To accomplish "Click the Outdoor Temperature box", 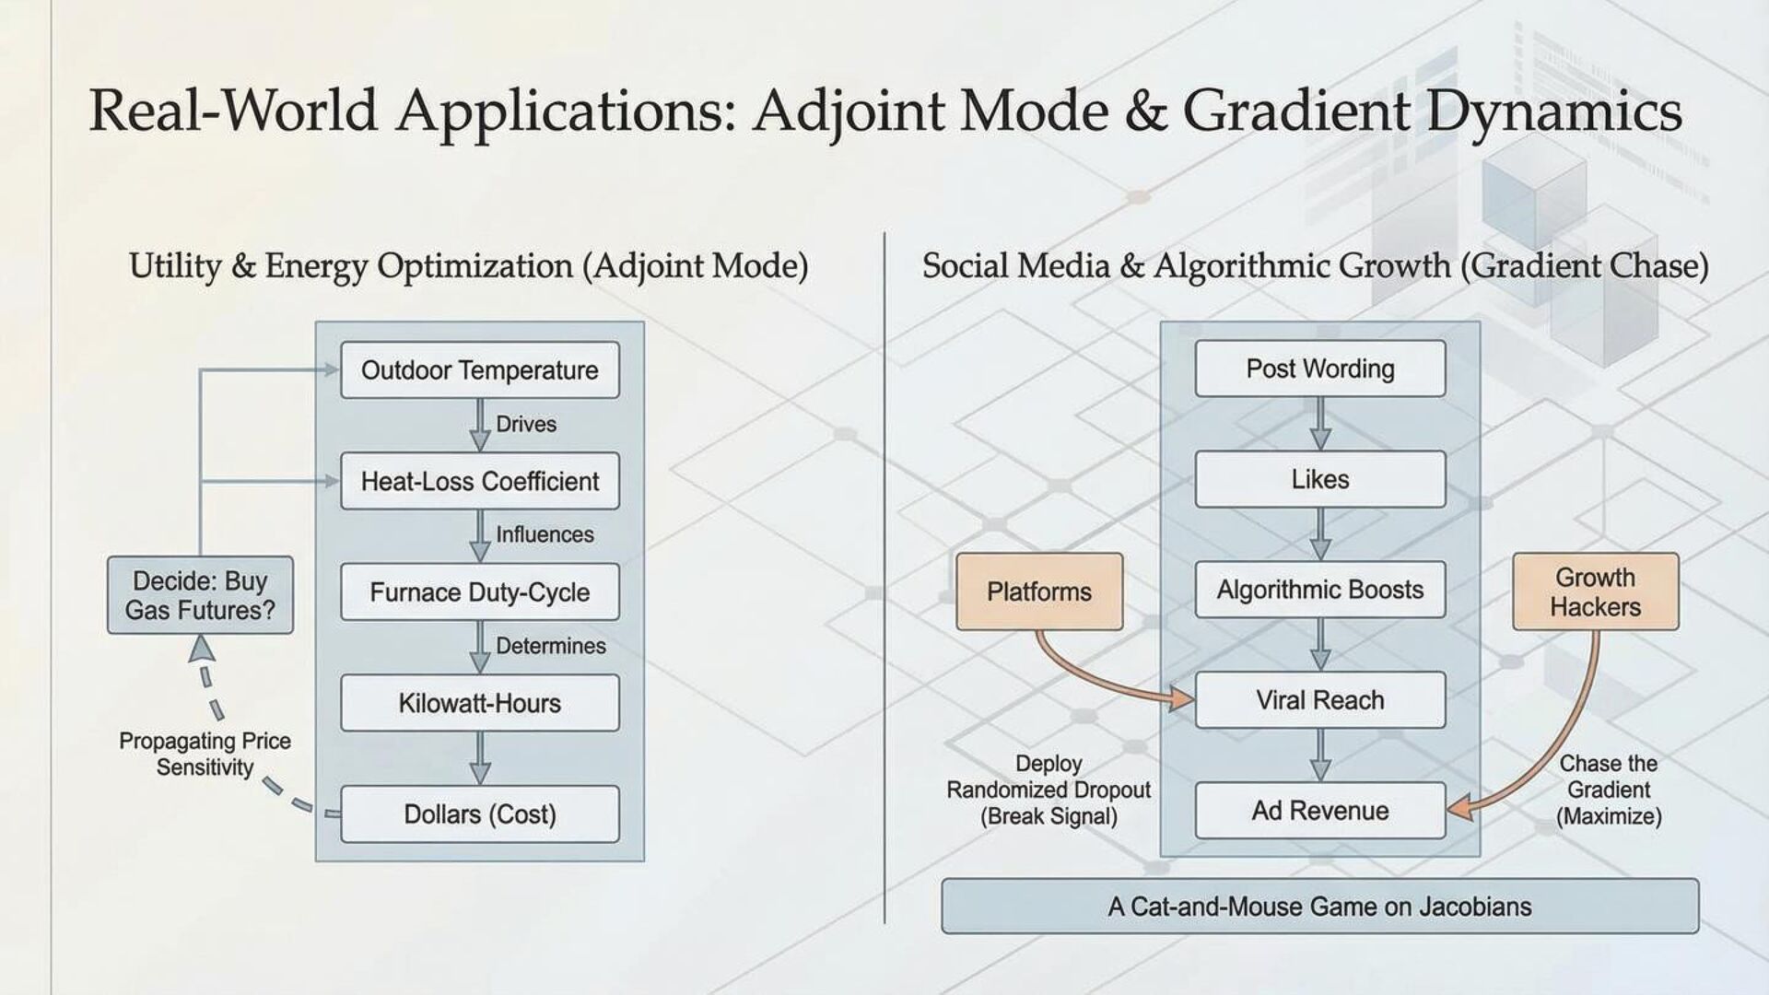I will (x=479, y=370).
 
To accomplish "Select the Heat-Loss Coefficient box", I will (x=479, y=481).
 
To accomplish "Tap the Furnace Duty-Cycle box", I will (x=479, y=592).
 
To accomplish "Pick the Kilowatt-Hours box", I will (x=479, y=703).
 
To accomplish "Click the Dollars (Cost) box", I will (x=479, y=814).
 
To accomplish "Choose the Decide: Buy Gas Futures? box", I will (x=200, y=595).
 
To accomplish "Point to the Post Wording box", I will (x=1319, y=369).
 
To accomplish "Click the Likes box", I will (x=1319, y=479).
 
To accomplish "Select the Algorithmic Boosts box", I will (x=1319, y=590).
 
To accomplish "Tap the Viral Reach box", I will (x=1319, y=700).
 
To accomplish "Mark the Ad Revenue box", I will (x=1319, y=811).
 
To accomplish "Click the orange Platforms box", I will (x=1038, y=591).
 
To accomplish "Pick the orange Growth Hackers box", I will (x=1595, y=591).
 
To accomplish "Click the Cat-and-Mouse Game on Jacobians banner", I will (x=1319, y=907).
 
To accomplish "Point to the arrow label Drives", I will (x=526, y=424).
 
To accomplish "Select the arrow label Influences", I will (x=545, y=534).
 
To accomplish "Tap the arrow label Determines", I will (x=550, y=646).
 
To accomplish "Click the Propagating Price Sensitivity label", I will (x=205, y=755).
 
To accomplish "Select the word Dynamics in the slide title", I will (x=1554, y=111).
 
